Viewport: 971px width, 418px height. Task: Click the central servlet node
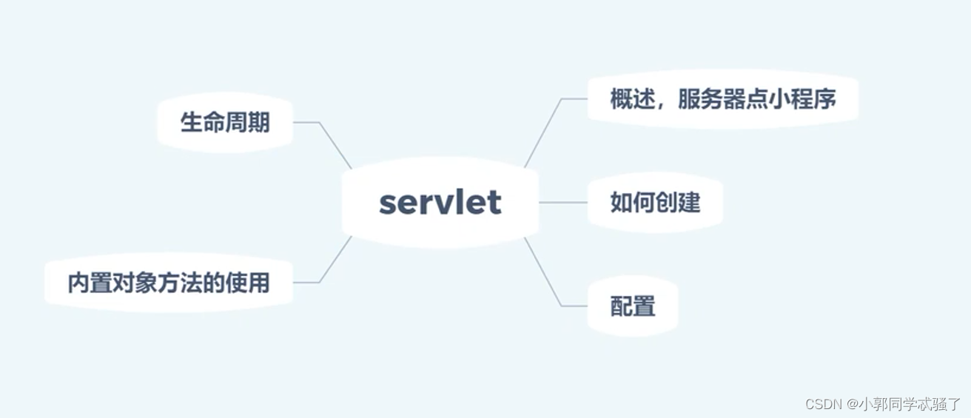(440, 202)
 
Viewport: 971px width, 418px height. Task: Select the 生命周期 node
(225, 123)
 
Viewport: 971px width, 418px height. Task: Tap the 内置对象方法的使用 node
(169, 283)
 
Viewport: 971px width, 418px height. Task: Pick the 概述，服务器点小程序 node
(722, 99)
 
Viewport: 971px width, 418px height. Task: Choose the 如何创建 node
(655, 202)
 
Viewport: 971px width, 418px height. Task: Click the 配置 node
(633, 306)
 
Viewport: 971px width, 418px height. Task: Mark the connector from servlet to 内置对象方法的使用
(335, 260)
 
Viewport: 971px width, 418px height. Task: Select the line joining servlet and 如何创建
(562, 202)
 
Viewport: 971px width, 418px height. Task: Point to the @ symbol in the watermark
(853, 404)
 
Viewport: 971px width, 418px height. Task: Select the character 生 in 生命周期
(192, 123)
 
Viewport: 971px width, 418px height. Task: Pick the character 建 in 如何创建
(689, 202)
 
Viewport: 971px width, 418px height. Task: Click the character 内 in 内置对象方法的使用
(79, 283)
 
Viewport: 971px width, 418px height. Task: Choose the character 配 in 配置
(622, 306)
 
